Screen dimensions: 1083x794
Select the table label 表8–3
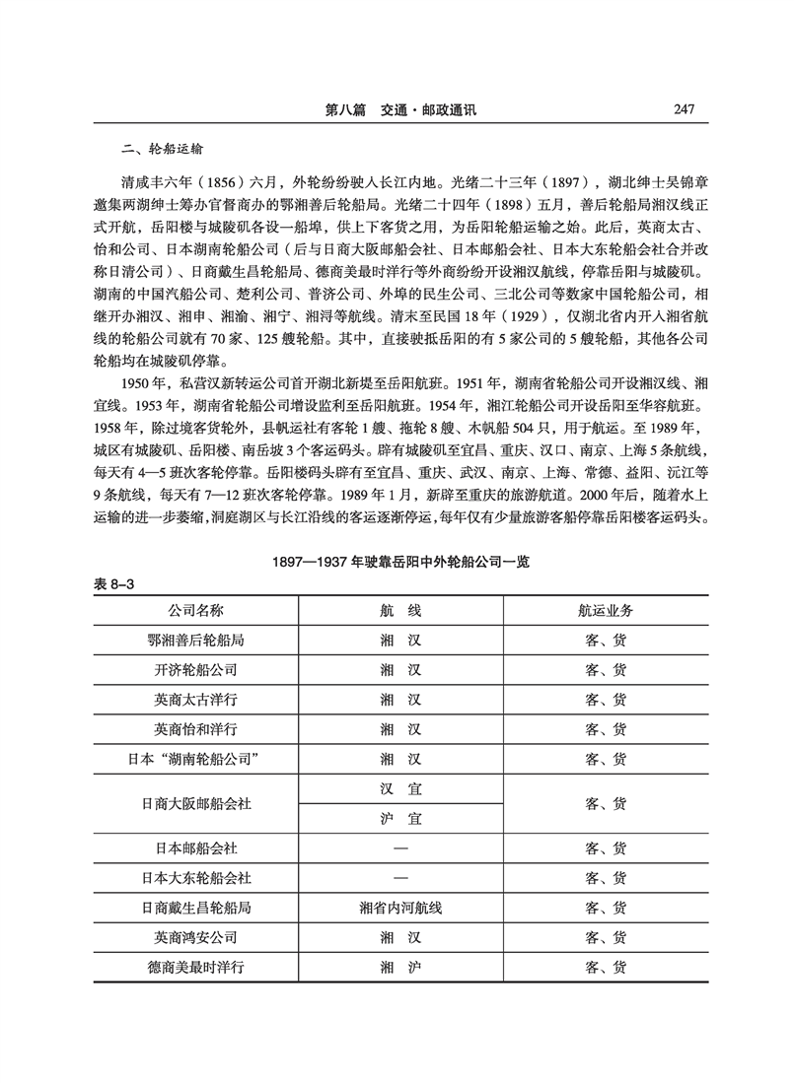coord(111,584)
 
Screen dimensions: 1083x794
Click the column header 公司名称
coord(196,610)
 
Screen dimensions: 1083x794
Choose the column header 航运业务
coord(606,610)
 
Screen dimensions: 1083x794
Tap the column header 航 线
coord(400,610)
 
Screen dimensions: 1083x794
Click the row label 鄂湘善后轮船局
coord(196,640)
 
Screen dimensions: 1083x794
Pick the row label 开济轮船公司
coord(196,669)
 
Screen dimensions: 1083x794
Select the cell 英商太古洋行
coord(196,700)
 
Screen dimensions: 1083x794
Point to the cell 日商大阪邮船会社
coord(196,803)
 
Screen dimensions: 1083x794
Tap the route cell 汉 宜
coord(400,788)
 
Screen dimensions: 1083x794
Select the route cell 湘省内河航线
coord(400,908)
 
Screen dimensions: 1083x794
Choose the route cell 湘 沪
coord(400,967)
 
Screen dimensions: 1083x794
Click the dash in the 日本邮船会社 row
coord(400,847)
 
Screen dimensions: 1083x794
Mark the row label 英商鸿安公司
coord(196,937)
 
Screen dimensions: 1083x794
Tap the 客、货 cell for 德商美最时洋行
coord(606,967)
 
